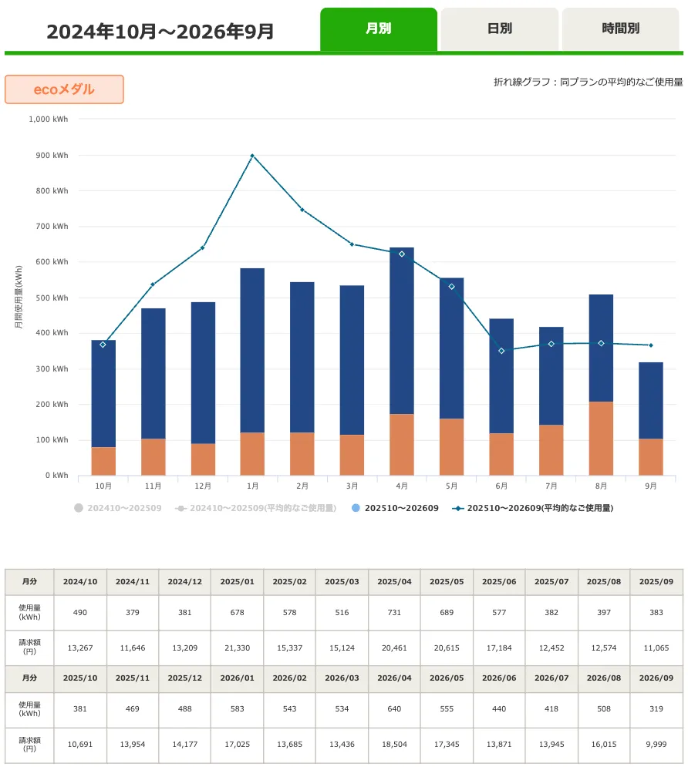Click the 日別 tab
click(499, 29)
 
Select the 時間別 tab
click(620, 29)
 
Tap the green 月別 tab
click(379, 29)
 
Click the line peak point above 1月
click(252, 156)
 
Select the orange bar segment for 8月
click(601, 439)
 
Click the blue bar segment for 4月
click(402, 331)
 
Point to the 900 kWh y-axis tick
click(52, 155)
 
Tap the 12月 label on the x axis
click(203, 486)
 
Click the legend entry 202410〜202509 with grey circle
click(118, 508)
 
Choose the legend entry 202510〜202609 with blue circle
click(396, 508)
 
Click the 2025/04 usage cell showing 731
click(394, 612)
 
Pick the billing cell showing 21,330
click(238, 648)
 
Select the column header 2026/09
click(656, 678)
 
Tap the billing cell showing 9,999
click(656, 744)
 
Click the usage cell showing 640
click(394, 708)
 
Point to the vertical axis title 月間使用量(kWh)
click(19, 297)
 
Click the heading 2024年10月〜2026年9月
click(160, 32)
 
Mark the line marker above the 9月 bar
click(651, 345)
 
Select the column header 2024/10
click(80, 581)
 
